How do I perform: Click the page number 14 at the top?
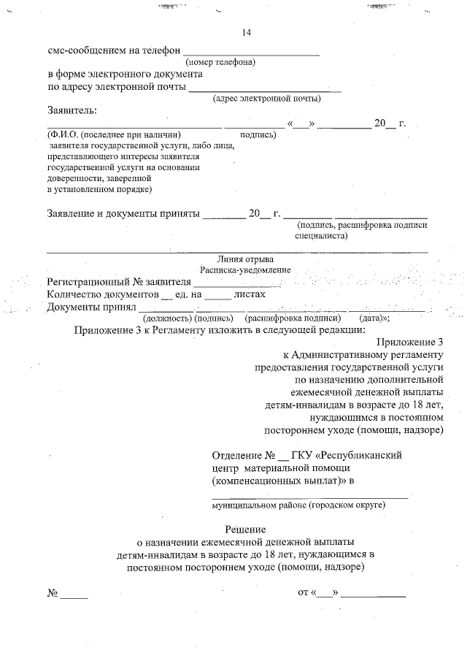tap(246, 33)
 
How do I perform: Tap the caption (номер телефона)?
tap(220, 63)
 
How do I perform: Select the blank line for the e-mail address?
tap(265, 91)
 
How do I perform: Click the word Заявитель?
tap(72, 110)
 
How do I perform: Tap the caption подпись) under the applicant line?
tap(258, 135)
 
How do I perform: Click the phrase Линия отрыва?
tap(246, 260)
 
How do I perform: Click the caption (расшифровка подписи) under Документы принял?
tap(294, 318)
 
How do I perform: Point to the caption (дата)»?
tap(375, 318)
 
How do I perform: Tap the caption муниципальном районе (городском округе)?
tap(298, 505)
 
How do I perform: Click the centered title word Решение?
tap(245, 529)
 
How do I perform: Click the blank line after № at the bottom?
tap(74, 597)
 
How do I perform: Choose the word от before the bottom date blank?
tap(304, 592)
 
